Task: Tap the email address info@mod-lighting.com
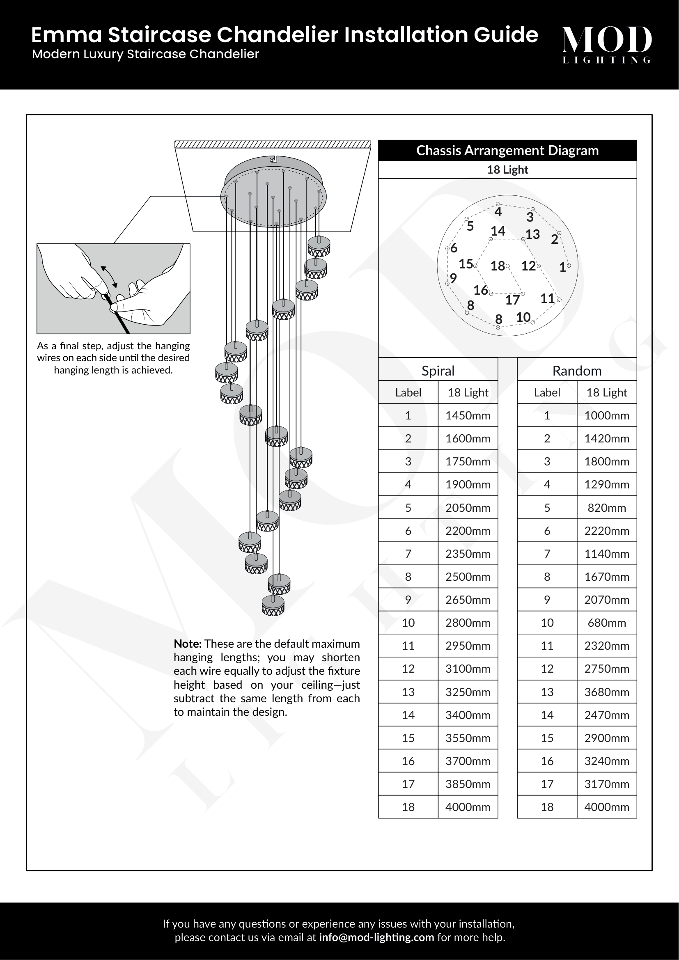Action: (376, 937)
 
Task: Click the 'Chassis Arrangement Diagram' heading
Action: (507, 151)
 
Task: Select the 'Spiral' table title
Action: (438, 371)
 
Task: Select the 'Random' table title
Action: (576, 371)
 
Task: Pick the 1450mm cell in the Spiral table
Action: (468, 416)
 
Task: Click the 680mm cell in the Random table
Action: (607, 623)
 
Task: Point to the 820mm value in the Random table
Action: (607, 508)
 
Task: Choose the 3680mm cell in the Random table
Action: (607, 692)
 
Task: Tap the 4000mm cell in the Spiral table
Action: (468, 807)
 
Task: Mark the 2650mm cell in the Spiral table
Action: (468, 600)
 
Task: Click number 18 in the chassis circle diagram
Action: (498, 266)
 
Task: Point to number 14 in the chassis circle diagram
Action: (498, 231)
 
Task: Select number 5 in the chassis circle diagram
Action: (470, 226)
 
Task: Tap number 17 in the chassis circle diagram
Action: (512, 300)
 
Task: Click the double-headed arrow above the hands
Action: (109, 276)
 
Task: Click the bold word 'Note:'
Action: (188, 644)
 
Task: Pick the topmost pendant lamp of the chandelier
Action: (319, 246)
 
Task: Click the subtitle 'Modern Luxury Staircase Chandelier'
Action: (145, 54)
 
